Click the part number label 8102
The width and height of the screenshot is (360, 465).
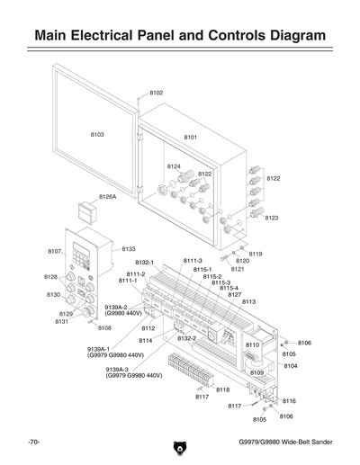[156, 93]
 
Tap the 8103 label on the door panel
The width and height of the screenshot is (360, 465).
[97, 134]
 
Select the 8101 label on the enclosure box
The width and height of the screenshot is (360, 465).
[191, 137]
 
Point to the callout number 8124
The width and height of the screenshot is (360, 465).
[174, 166]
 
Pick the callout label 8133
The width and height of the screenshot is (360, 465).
[129, 248]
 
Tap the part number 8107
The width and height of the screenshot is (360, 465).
[54, 251]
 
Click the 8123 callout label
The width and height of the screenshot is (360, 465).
[272, 218]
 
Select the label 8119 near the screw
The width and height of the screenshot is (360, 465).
[256, 254]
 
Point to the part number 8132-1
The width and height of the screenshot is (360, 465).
[145, 262]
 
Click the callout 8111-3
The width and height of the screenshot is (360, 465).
[193, 260]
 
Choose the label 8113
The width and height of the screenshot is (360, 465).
[249, 301]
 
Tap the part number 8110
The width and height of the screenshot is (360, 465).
[252, 344]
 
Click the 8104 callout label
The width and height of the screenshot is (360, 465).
[291, 366]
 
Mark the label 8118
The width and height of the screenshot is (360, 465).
[222, 389]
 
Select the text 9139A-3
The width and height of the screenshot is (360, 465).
[117, 369]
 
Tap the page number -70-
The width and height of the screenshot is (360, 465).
[34, 443]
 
